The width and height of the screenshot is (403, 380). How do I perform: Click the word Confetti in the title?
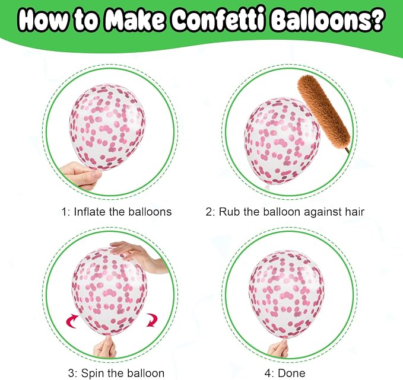pos(218,20)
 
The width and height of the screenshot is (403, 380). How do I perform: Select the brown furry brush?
pos(324,113)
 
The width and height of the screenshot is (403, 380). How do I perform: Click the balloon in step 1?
pos(107,127)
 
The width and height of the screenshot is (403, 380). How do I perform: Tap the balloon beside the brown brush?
pos(282,140)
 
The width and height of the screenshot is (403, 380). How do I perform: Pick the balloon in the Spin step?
pos(109,291)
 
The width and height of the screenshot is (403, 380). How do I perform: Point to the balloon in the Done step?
pos(286,294)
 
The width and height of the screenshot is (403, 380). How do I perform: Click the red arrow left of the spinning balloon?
pos(72,321)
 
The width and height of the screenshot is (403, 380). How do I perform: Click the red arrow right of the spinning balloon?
pos(151,320)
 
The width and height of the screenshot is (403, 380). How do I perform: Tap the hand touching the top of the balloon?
pos(139,256)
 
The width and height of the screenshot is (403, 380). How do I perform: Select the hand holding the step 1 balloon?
pos(81,175)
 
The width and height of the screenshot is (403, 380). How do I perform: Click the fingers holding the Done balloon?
pos(278,348)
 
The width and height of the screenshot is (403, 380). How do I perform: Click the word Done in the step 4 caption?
pos(291,373)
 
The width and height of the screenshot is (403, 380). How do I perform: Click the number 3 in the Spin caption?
pos(71,373)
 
